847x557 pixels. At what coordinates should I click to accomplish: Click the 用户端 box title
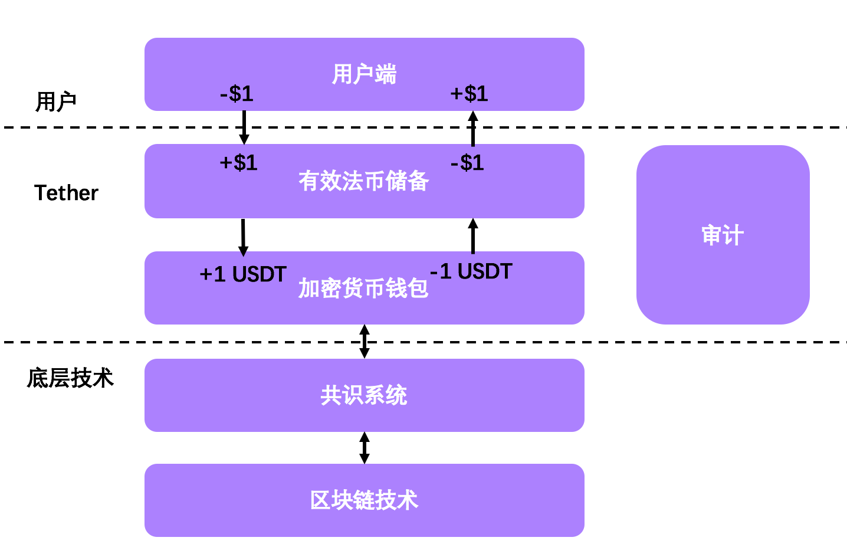[364, 74]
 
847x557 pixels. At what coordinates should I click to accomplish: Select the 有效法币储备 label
[363, 181]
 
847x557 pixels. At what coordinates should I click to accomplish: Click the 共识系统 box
[364, 395]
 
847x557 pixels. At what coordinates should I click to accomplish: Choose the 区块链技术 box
[364, 500]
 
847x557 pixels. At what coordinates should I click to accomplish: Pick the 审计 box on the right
[723, 235]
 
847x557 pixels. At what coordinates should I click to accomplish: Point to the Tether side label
[66, 193]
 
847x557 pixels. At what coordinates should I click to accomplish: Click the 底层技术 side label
[70, 378]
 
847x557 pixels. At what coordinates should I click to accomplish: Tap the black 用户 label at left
[56, 101]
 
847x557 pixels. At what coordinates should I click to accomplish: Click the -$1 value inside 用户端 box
[237, 93]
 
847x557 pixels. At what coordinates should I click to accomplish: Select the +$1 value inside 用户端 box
[469, 93]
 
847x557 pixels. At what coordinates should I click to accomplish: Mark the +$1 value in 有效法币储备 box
[238, 162]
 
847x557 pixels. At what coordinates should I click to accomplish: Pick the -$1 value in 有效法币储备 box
[467, 162]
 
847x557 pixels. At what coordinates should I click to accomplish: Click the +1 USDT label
[243, 274]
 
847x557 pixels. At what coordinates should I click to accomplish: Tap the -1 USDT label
[471, 271]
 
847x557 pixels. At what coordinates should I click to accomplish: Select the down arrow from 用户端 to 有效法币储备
[244, 127]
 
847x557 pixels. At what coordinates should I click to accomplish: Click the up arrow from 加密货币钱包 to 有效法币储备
[472, 235]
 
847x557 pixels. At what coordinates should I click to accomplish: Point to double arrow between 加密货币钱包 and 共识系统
[365, 341]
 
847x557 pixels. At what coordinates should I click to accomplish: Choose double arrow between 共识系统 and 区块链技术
[365, 448]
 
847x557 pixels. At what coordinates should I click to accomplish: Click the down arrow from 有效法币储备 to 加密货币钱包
[243, 237]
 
